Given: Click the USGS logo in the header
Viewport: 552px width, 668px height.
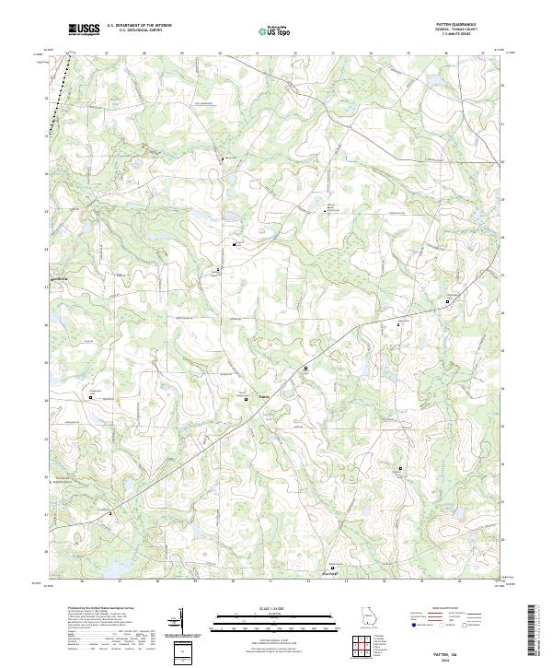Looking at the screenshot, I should point(84,30).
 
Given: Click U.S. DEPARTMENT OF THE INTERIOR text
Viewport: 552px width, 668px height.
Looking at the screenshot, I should point(139,25).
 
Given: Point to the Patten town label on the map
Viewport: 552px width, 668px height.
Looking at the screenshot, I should point(264,398).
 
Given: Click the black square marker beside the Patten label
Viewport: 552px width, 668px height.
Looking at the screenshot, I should point(247,399).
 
